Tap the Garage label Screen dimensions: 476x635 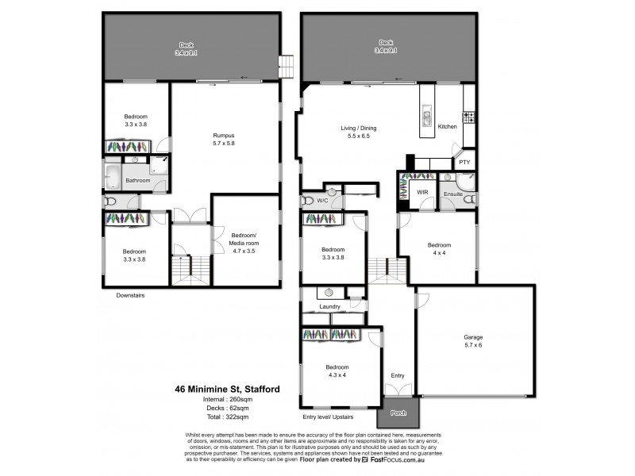[x=473, y=337]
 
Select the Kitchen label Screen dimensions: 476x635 [x=448, y=127]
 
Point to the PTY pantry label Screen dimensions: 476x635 [x=464, y=162]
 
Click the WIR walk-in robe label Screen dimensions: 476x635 [x=422, y=193]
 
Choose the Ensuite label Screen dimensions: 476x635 [x=453, y=193]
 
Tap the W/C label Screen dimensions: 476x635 [x=322, y=201]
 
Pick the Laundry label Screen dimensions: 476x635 [x=329, y=306]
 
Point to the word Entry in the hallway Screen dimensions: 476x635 [x=398, y=375]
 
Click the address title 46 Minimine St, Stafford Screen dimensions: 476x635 [x=226, y=390]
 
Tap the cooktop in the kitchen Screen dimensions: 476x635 [x=468, y=117]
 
